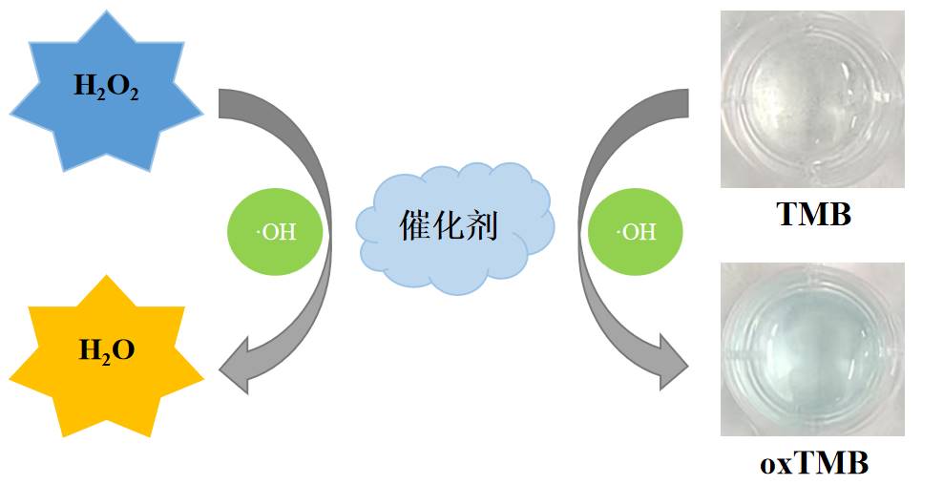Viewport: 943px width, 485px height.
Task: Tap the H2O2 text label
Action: pos(106,87)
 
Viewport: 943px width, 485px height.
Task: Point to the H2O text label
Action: pos(106,350)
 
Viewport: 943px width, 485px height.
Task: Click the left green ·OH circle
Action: pos(274,231)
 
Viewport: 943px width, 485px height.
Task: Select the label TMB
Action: pos(813,214)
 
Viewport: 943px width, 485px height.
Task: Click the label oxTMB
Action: pos(814,464)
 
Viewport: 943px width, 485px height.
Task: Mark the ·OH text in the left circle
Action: pos(276,232)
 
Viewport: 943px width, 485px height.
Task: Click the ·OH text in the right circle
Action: pos(635,232)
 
